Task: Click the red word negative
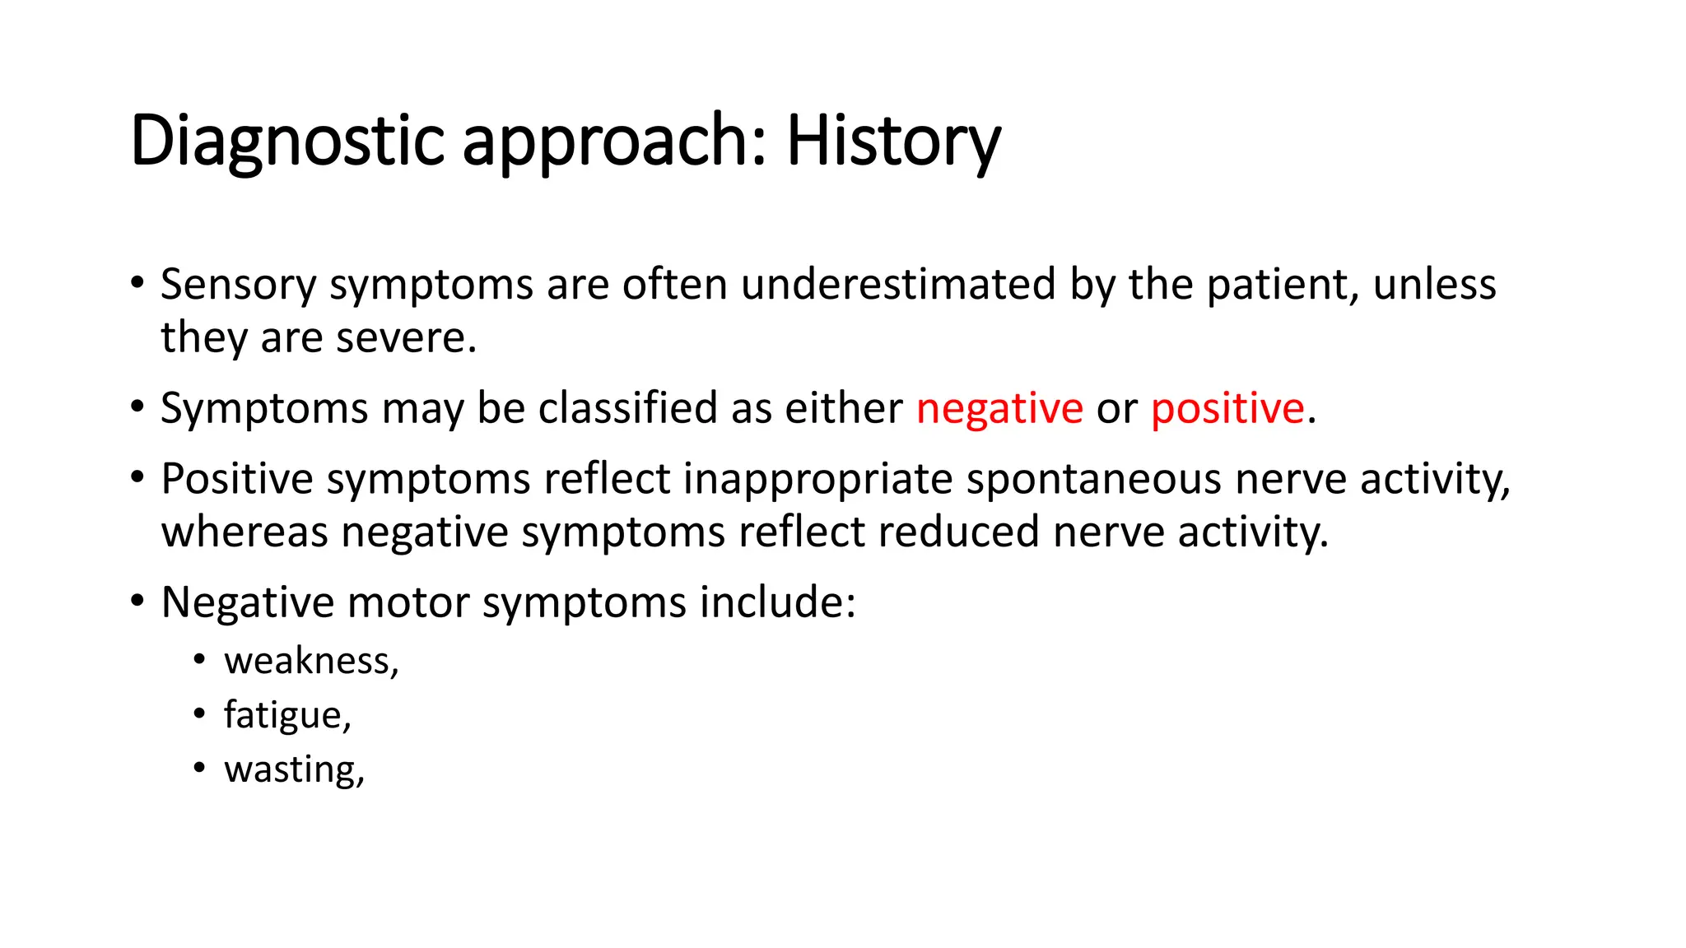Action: tap(999, 409)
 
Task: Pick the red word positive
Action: tap(1227, 409)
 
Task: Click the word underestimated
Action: tap(897, 285)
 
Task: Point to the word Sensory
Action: tap(238, 285)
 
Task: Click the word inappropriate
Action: tap(817, 479)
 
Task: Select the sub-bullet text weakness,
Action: tap(311, 661)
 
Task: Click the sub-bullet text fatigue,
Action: tap(287, 715)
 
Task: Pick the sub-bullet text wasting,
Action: tap(294, 769)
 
